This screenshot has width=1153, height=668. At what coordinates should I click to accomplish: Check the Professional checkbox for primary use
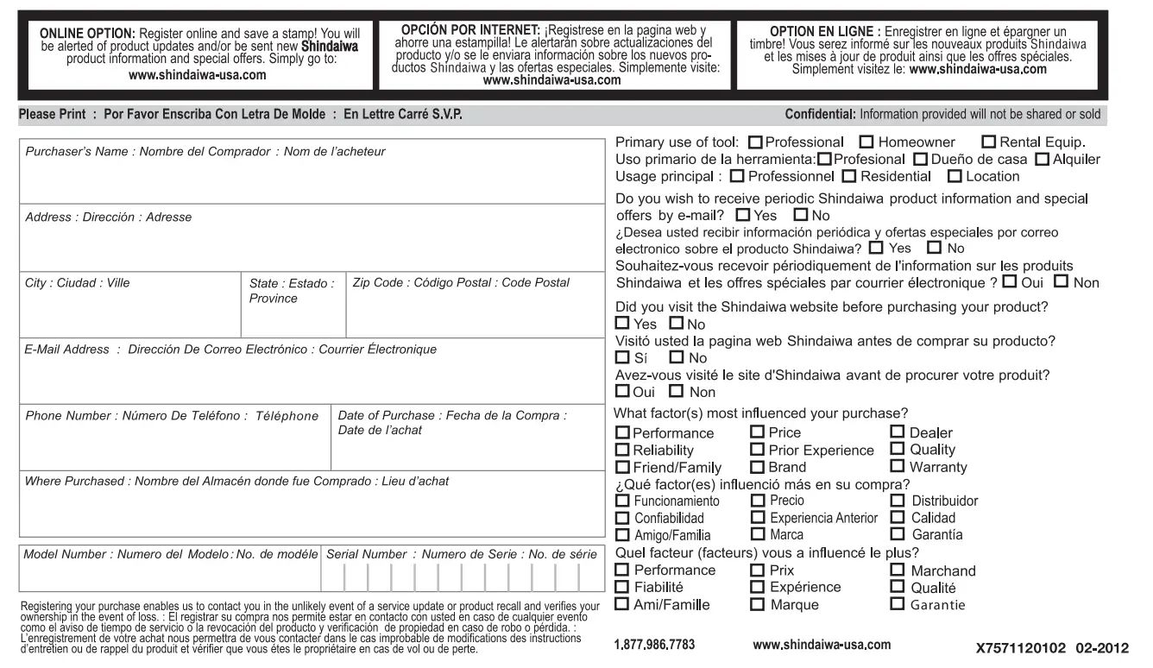pyautogui.click(x=756, y=142)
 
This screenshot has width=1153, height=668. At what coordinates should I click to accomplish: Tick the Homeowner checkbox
pyautogui.click(x=867, y=142)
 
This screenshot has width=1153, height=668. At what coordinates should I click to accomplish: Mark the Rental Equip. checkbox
pyautogui.click(x=989, y=142)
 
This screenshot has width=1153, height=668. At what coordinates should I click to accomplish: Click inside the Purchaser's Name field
pyautogui.click(x=311, y=178)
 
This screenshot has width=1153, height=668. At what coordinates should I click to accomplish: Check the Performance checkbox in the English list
pyautogui.click(x=623, y=433)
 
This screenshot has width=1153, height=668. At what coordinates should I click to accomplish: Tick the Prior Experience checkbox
pyautogui.click(x=758, y=450)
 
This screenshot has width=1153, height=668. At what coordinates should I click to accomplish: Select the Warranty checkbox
pyautogui.click(x=897, y=467)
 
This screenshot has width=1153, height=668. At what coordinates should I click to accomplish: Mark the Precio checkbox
pyautogui.click(x=758, y=501)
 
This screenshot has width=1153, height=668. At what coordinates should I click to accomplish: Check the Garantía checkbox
pyautogui.click(x=897, y=535)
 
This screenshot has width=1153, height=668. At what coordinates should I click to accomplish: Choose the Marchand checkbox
pyautogui.click(x=897, y=570)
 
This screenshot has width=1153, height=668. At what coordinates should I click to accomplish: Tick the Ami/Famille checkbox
pyautogui.click(x=623, y=604)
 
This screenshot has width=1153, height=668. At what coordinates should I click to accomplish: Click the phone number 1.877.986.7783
pyautogui.click(x=654, y=645)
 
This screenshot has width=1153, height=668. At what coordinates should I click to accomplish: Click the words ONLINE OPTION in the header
pyautogui.click(x=85, y=34)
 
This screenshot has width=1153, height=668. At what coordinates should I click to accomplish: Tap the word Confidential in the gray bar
pyautogui.click(x=820, y=115)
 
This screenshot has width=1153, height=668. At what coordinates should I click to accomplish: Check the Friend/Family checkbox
pyautogui.click(x=623, y=467)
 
